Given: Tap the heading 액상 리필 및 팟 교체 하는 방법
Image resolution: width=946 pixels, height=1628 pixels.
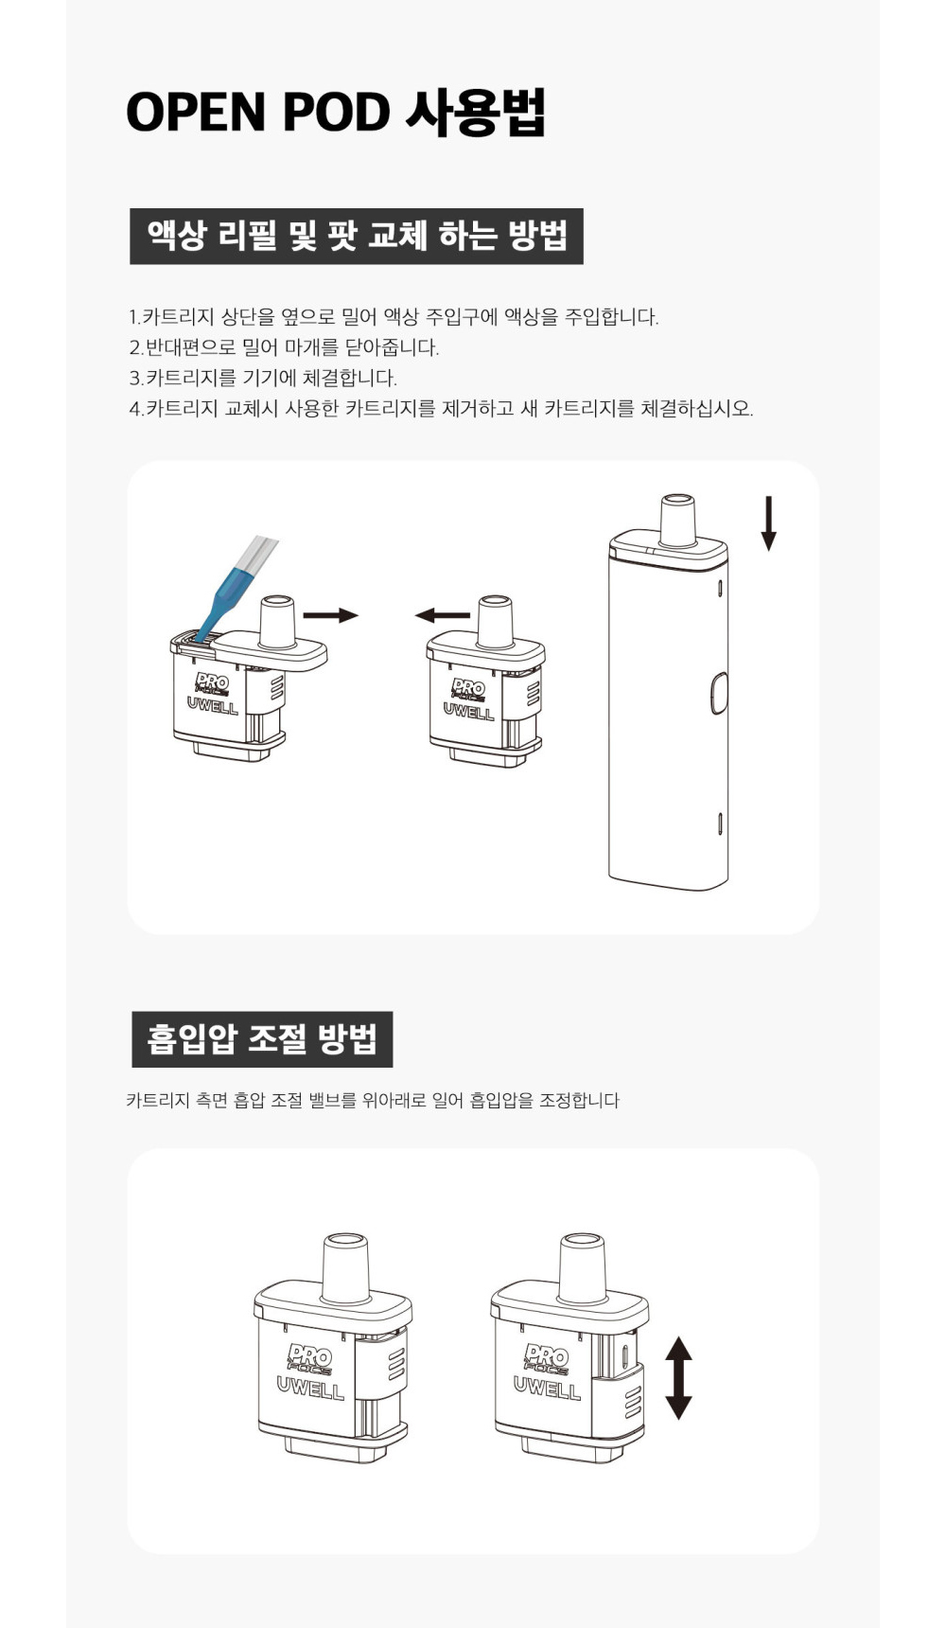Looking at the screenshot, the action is tap(357, 236).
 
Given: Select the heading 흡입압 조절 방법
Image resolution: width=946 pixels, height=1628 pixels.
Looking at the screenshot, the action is tap(262, 1039).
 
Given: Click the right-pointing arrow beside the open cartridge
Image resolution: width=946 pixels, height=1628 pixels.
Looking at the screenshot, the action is tap(331, 616).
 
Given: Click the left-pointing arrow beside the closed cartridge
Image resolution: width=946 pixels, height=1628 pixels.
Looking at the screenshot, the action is tap(443, 616).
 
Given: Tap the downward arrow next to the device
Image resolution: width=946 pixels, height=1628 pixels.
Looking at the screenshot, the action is tap(769, 523).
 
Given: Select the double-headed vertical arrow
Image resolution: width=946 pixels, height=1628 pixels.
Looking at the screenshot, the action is tap(678, 1377).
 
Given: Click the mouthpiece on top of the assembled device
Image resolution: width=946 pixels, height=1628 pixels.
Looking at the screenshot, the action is tap(677, 520).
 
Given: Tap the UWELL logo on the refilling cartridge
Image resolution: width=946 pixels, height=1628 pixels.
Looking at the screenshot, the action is tap(213, 705).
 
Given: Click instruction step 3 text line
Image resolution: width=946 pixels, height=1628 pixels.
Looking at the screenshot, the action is tap(263, 379).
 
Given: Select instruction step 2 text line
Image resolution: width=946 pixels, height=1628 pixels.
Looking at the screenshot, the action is tap(284, 347).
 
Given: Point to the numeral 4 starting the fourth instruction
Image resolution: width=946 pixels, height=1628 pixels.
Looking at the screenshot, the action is tap(134, 409).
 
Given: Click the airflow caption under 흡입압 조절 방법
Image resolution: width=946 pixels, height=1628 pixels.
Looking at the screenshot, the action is tap(373, 1100).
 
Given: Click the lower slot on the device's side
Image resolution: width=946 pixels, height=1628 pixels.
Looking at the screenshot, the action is tap(722, 823).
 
